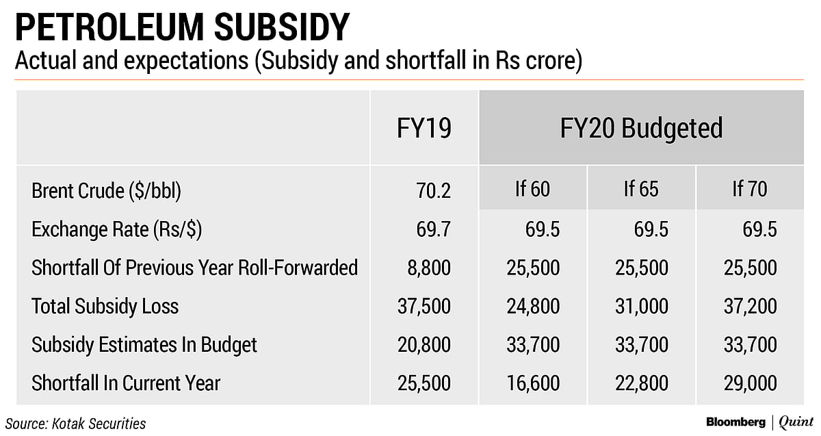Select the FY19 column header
pyautogui.click(x=424, y=129)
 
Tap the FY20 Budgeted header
pyautogui.click(x=640, y=129)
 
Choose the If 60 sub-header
pyautogui.click(x=532, y=190)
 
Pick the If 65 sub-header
pyautogui.click(x=641, y=190)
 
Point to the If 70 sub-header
pyautogui.click(x=750, y=190)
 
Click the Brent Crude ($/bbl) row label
pyautogui.click(x=106, y=192)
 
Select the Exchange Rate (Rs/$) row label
pyautogui.click(x=116, y=229)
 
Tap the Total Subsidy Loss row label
pyautogui.click(x=105, y=306)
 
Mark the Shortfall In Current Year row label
pyautogui.click(x=126, y=383)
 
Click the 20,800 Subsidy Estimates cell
pyautogui.click(x=424, y=344)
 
